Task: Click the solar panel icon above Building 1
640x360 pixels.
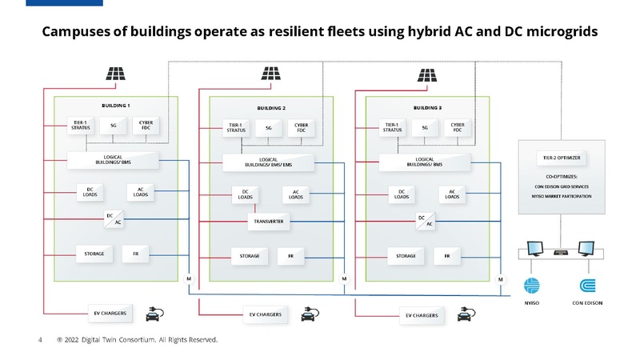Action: (x=116, y=74)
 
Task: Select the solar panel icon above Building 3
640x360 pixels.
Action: (x=428, y=74)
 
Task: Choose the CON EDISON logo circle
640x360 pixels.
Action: (x=587, y=286)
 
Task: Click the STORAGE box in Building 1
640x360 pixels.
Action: (x=94, y=254)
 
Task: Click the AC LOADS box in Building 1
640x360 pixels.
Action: (x=141, y=193)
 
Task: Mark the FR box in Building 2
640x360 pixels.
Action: (x=290, y=256)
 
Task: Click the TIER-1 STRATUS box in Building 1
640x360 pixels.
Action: (x=80, y=126)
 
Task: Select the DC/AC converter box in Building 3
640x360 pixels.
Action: (x=426, y=221)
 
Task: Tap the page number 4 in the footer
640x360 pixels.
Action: (x=40, y=340)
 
